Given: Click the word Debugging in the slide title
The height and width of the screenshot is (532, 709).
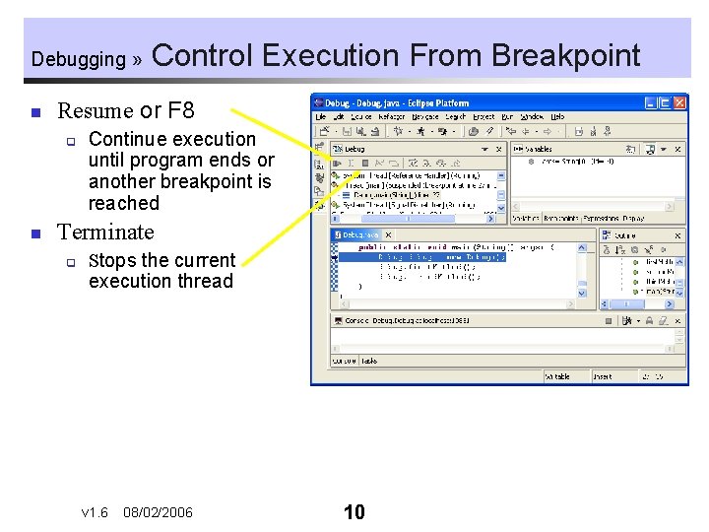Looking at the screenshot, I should tap(78, 59).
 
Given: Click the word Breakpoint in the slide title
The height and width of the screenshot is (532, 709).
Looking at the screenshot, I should tap(565, 55).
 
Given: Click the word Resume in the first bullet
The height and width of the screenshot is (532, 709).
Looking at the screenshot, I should tap(95, 110).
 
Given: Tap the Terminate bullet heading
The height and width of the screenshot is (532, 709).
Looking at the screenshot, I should tap(105, 233).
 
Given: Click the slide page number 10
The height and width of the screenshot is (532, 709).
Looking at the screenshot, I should tap(354, 512).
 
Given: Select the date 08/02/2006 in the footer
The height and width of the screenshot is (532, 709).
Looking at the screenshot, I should tap(158, 513).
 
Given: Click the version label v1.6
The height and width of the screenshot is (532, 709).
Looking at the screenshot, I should tap(95, 513).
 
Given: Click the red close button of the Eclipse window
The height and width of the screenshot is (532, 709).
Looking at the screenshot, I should tap(678, 102).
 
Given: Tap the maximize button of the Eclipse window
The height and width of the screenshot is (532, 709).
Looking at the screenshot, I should tap(665, 102).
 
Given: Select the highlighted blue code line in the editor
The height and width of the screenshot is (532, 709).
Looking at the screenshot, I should tap(433, 257).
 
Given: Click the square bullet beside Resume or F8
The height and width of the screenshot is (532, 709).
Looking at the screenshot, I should tap(34, 111).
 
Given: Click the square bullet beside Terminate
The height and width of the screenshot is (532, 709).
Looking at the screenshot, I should tap(34, 233).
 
